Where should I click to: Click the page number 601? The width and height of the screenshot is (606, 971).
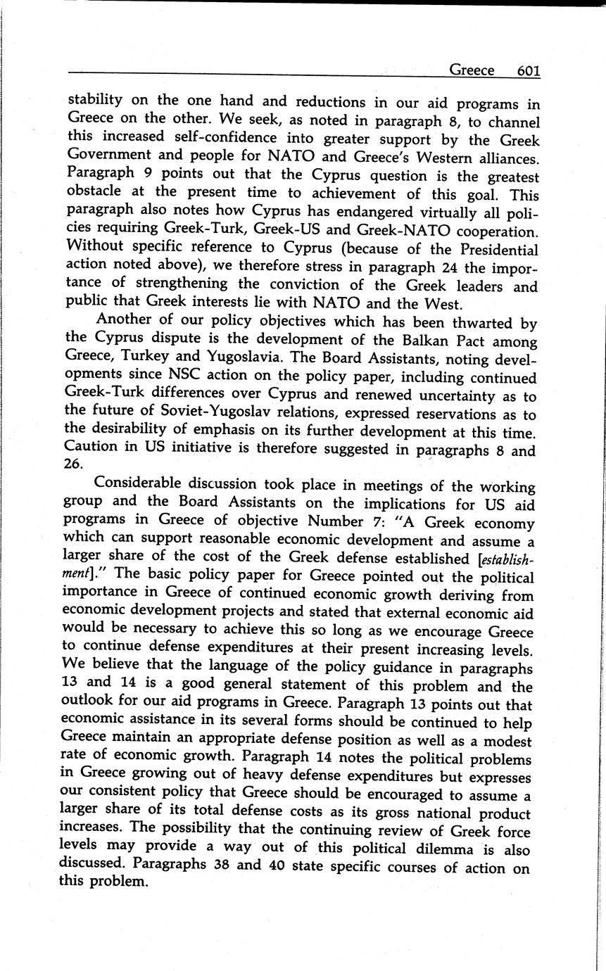point(528,70)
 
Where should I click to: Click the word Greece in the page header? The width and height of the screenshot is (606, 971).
point(471,70)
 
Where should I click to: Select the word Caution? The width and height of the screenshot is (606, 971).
point(88,446)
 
